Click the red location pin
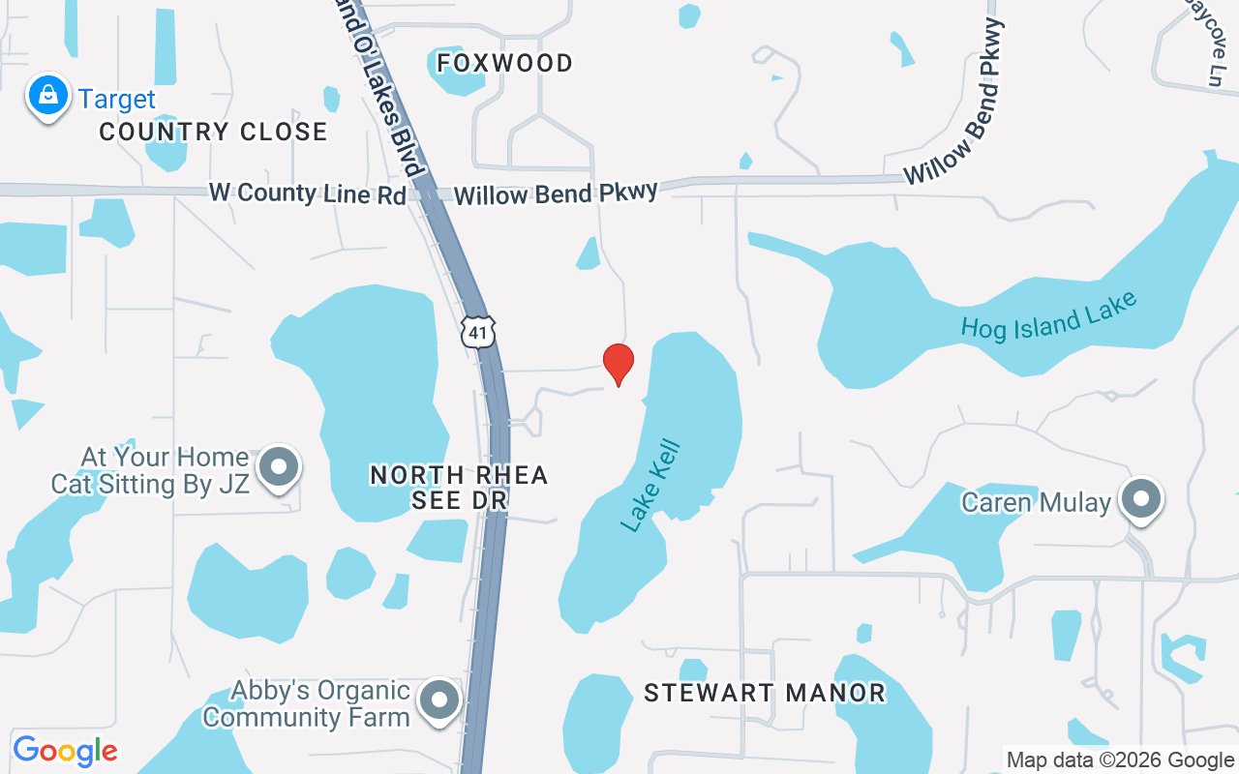pyautogui.click(x=619, y=363)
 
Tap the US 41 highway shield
pyautogui.click(x=478, y=331)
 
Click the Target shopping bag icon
pyautogui.click(x=47, y=96)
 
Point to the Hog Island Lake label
pyautogui.click(x=1048, y=315)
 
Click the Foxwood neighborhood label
pyautogui.click(x=504, y=63)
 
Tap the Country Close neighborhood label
pyautogui.click(x=213, y=132)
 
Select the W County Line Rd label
pyautogui.click(x=308, y=193)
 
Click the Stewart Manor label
pyautogui.click(x=765, y=693)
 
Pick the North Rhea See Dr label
pyautogui.click(x=459, y=487)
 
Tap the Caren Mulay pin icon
pyautogui.click(x=1141, y=498)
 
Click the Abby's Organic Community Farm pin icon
pyautogui.click(x=439, y=699)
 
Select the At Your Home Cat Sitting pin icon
pyautogui.click(x=280, y=466)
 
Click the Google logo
pyautogui.click(x=65, y=750)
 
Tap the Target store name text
pyautogui.click(x=117, y=100)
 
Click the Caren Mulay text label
pyautogui.click(x=1036, y=502)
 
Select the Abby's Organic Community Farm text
pyautogui.click(x=307, y=703)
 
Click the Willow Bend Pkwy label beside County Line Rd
pyautogui.click(x=556, y=193)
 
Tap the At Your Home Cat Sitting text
pyautogui.click(x=150, y=470)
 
